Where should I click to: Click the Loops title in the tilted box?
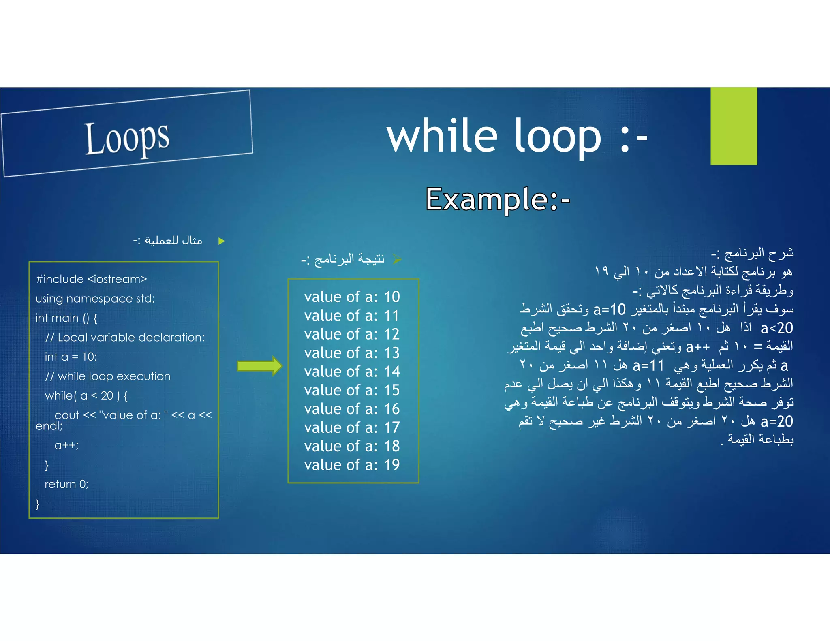tap(127, 137)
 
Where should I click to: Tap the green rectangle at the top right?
tap(734, 126)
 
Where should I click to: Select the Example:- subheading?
tap(498, 199)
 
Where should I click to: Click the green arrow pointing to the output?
tap(259, 366)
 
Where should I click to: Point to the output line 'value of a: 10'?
tap(352, 297)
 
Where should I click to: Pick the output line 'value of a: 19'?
tap(352, 465)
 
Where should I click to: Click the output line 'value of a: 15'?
tap(352, 390)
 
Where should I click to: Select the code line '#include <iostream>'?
tap(91, 279)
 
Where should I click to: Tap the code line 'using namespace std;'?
tap(95, 299)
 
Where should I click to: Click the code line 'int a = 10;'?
tap(71, 357)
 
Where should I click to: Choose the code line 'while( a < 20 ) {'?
tap(86, 396)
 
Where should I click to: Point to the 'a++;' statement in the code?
tap(67, 445)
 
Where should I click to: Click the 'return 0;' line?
tap(67, 484)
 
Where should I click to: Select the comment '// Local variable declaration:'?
tap(125, 338)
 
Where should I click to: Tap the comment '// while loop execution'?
tap(108, 376)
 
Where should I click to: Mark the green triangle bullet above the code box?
tap(221, 241)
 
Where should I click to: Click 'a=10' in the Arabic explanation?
tap(610, 310)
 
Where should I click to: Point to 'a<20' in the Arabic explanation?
tap(777, 328)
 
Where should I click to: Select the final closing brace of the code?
tap(37, 504)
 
